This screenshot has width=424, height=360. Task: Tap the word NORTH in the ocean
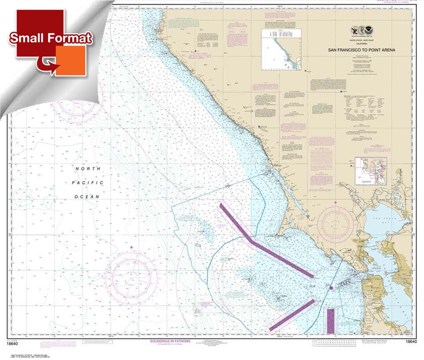[88, 169]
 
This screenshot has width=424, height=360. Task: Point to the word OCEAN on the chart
[88, 196]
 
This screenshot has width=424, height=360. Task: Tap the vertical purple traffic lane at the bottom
[330, 320]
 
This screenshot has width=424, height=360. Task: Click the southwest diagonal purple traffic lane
[292, 315]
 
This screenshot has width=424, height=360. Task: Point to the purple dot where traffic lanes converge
[331, 288]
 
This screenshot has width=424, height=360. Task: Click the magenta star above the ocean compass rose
[132, 247]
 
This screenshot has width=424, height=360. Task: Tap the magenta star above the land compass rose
[335, 202]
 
